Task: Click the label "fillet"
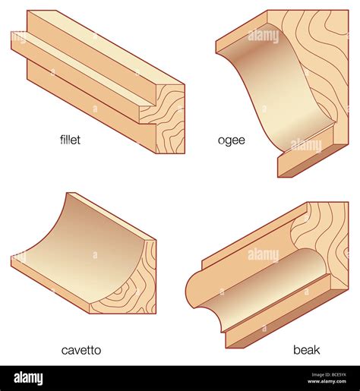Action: [70, 140]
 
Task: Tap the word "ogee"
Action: [231, 140]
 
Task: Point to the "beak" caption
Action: [307, 350]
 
